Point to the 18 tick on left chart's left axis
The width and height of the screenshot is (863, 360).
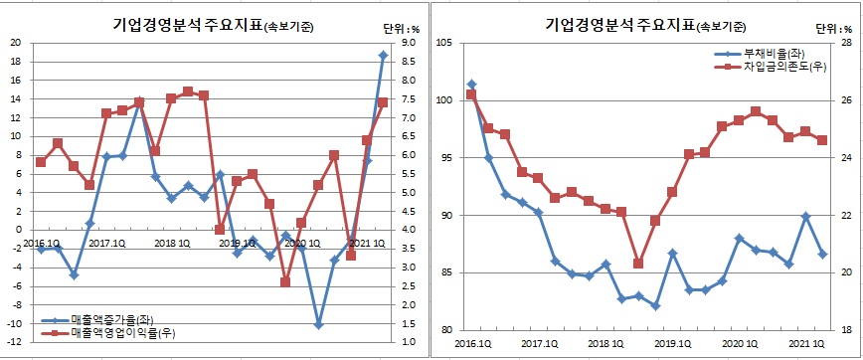(16, 61)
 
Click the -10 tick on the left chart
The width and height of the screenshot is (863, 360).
(14, 323)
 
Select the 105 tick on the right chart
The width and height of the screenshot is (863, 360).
(443, 43)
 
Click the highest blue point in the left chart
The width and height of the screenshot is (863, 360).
(383, 55)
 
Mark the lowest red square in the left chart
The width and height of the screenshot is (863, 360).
(285, 282)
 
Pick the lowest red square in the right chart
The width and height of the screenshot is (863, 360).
(637, 264)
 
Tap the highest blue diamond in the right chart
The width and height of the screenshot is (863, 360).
(471, 85)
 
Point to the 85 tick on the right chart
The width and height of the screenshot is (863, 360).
(443, 272)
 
